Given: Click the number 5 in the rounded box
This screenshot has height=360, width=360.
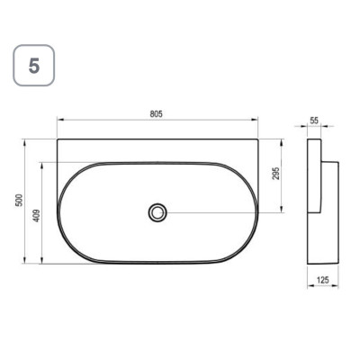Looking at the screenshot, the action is [x=34, y=66].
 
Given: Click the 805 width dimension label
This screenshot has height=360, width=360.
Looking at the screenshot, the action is [x=156, y=114].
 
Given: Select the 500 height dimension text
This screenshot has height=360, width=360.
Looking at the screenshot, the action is [x=19, y=200].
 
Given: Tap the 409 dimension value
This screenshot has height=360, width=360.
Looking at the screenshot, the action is [x=37, y=215].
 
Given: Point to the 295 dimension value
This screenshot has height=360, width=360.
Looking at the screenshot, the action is [x=276, y=173].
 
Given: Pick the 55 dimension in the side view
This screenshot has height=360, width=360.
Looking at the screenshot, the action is [x=314, y=121].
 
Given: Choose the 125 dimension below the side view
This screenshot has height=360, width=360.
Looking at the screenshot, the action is [x=323, y=280].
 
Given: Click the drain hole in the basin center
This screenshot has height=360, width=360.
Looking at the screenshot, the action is [x=157, y=212].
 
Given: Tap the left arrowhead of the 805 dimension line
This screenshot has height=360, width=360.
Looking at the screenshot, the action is [x=60, y=120].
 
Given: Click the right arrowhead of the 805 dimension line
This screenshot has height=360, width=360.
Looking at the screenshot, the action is [x=255, y=120].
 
